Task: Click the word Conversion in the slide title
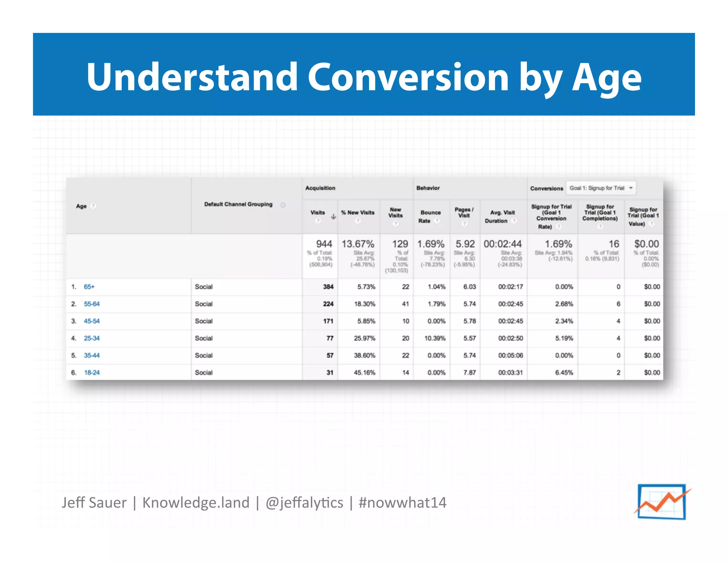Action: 408,77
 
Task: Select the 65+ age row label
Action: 89,287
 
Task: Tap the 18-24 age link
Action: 92,372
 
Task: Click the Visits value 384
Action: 328,287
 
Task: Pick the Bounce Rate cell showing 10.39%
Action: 434,338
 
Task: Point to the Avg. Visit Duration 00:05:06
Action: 510,355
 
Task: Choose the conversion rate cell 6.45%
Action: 564,372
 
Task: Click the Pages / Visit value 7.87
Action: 469,372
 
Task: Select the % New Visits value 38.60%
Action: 364,355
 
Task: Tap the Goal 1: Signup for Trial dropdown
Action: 601,188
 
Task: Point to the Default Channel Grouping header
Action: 238,204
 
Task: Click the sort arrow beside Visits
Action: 333,216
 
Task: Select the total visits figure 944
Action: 324,244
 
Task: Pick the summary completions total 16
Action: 614,244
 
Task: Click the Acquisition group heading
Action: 320,188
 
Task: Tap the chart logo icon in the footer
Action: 662,502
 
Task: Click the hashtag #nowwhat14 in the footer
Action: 402,503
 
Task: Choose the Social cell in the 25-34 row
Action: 204,338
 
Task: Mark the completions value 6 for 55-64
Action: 618,304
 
